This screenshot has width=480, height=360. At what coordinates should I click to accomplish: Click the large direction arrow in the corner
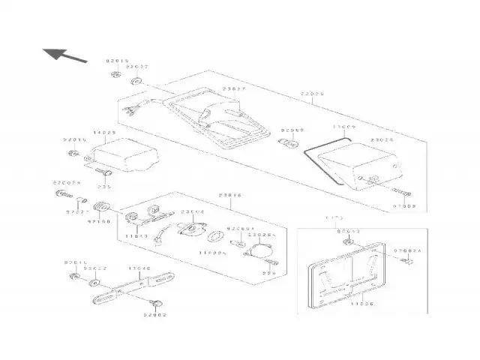click(61, 54)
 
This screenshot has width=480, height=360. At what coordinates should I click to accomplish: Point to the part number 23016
click(229, 195)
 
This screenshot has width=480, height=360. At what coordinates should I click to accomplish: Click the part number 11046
click(139, 267)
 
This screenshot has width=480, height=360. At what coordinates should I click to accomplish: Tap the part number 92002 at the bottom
click(154, 315)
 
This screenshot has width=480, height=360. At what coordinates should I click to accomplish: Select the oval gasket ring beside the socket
click(215, 238)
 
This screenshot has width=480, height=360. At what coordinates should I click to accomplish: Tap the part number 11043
click(136, 236)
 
